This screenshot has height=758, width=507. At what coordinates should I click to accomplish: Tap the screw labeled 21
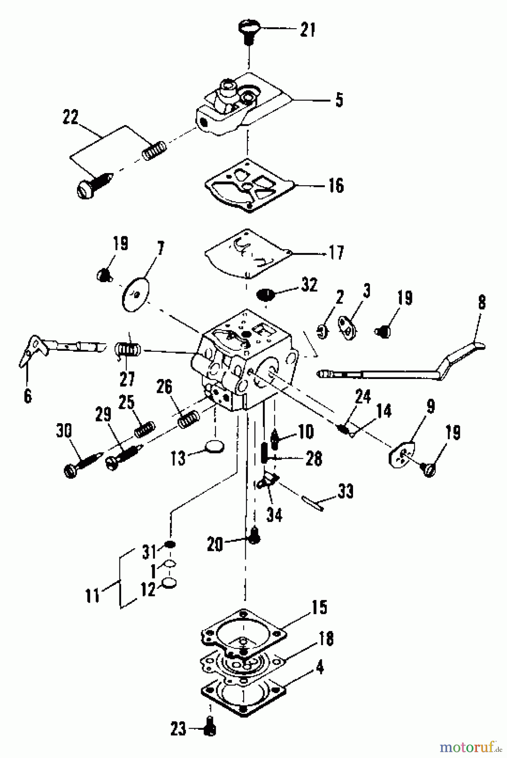coord(248,31)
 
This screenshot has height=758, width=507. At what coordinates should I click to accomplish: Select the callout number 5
coord(339,100)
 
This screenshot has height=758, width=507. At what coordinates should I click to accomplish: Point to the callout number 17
coord(336,253)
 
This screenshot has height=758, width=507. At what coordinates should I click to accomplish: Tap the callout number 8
coord(482,302)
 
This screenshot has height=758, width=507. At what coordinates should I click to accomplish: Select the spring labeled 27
coord(127,350)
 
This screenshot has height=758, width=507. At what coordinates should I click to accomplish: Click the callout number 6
coord(28,396)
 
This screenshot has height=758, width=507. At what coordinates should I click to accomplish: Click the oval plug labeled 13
coord(215,446)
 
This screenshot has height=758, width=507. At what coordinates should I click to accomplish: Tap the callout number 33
coord(346,491)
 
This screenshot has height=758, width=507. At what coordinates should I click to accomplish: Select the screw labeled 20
coord(254,536)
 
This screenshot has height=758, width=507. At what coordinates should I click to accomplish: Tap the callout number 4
coord(320,667)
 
